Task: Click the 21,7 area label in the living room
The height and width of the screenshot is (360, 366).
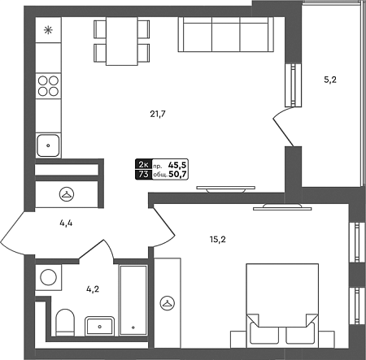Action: [158, 115]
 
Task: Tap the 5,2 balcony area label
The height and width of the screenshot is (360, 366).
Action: [330, 80]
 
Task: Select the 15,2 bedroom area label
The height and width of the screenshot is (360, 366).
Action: [218, 240]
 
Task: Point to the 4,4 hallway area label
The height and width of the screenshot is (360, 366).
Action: [66, 223]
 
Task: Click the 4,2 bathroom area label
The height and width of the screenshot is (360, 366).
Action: [93, 289]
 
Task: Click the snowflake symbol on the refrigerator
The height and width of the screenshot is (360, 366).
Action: [48, 30]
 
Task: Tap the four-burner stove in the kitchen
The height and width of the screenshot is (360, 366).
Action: [48, 86]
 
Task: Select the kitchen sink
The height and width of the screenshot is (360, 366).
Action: [48, 145]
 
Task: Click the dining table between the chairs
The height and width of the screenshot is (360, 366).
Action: [122, 41]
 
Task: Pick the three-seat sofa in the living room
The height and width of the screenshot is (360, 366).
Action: [226, 34]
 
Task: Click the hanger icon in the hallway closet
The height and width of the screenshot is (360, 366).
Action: [67, 194]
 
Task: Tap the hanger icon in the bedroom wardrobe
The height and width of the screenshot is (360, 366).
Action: [168, 303]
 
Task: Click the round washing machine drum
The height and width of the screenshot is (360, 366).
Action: [48, 277]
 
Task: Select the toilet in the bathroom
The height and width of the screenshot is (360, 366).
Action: [65, 323]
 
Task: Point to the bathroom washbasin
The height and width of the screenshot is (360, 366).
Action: [99, 326]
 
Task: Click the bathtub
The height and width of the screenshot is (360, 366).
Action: [133, 300]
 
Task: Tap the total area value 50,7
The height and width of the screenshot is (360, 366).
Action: [177, 175]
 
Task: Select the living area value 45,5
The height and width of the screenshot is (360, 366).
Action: [177, 165]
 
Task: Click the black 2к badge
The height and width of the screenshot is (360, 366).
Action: [143, 164]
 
